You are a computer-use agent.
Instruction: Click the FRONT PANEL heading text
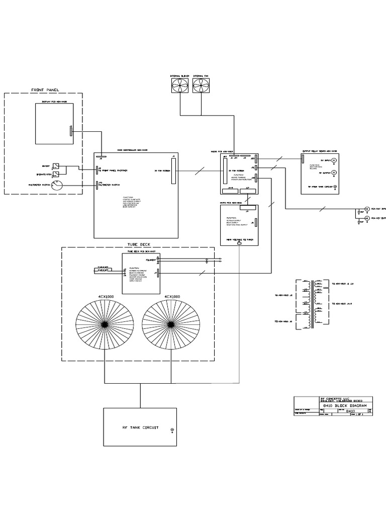pos(45,90)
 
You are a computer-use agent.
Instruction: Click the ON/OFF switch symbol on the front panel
pos(56,166)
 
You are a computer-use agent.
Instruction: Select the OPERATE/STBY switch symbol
pos(56,174)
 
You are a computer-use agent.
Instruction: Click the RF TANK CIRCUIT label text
pos(140,427)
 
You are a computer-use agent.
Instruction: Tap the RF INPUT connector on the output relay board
pos(335,160)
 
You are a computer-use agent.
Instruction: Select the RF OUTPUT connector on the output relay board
pos(335,173)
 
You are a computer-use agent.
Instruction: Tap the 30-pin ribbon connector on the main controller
pos(173,171)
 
